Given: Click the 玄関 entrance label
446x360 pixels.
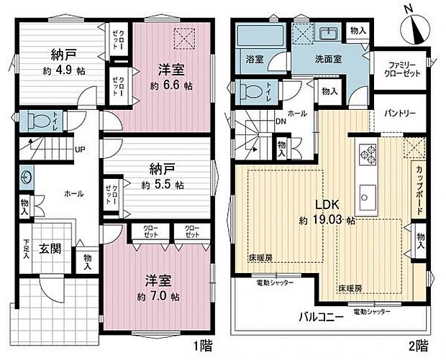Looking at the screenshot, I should coord(50,249).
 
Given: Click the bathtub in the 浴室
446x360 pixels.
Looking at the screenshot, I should coord(253,35).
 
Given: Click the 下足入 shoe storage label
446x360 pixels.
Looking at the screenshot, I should coord(26,250).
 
